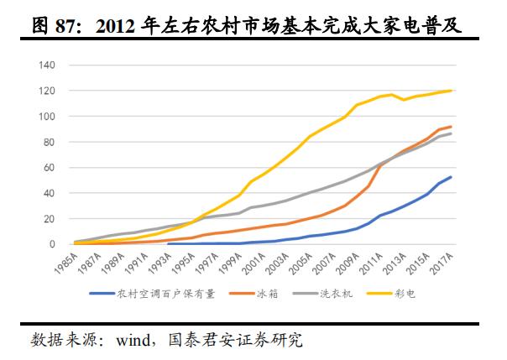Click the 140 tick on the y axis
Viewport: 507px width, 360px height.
pos(47,65)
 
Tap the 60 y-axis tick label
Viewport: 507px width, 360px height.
pos(50,168)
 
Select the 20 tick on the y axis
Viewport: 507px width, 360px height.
pos(50,219)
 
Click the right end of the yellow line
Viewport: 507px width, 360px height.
pos(452,91)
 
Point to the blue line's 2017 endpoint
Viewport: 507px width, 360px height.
pos(452,177)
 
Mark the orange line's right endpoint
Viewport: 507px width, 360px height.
pos(452,127)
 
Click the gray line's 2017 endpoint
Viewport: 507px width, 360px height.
pos(452,133)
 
